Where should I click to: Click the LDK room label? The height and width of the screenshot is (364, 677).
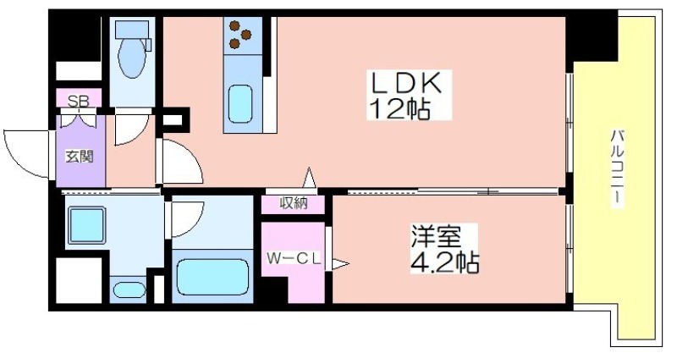406,83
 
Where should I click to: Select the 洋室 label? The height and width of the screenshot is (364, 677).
436,236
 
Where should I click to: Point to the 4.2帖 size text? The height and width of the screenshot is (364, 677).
444,262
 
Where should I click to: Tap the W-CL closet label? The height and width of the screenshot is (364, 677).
294,259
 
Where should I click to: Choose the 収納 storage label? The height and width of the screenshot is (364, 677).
294,203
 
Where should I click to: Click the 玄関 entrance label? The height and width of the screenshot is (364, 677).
80,156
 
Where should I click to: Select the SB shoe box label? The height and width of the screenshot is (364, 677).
79,101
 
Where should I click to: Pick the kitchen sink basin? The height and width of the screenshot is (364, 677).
239,104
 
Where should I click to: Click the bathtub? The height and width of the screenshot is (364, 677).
213,277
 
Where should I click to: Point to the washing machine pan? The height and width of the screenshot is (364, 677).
87,225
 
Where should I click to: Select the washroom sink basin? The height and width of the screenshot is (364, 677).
129,290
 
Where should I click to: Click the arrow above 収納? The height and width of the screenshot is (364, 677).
309,178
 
